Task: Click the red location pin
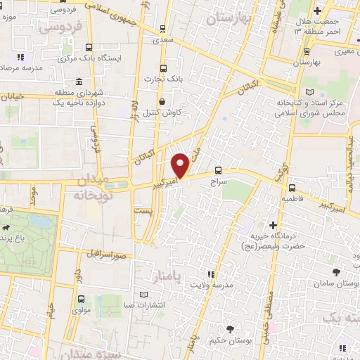coord(181,166)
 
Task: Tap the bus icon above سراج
coord(219,170)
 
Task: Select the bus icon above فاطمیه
coord(292,188)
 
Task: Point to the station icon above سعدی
coord(163,30)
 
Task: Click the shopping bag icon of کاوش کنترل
coord(163,101)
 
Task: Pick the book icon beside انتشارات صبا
coord(144,294)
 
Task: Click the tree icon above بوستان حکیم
coord(231,329)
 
